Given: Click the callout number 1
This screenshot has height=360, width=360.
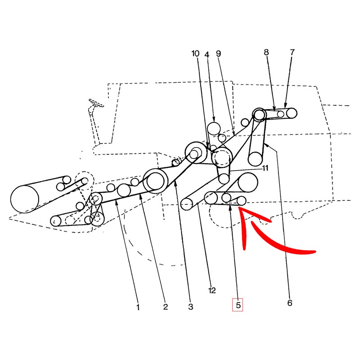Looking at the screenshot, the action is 138,307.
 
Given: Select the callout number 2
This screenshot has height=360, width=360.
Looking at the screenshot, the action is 166,307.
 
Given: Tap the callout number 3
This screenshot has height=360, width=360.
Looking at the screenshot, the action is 190,307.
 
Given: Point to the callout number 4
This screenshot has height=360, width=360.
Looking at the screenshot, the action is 207,54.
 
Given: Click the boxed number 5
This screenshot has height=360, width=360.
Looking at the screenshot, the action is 238,305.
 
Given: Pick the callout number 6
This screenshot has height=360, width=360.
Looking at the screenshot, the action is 290,303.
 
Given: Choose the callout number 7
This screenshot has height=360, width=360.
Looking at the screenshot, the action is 292,52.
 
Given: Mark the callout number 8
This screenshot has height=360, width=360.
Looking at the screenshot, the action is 266,52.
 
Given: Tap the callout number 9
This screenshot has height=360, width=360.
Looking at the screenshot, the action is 218,54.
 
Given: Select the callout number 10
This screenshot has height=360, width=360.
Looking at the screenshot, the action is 195,54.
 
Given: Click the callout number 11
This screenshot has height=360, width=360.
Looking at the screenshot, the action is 265,168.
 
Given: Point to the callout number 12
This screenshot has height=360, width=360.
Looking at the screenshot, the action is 212,290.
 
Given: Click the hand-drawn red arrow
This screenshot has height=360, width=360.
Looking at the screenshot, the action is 273,232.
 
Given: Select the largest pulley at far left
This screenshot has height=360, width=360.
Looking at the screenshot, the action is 25,199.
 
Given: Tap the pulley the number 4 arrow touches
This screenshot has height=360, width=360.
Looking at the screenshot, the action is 214,129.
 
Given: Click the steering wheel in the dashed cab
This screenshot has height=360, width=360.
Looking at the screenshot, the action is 96,103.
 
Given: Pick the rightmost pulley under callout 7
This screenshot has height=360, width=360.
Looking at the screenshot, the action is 291,113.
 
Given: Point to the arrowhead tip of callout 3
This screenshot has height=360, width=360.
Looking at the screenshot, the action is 175,180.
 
